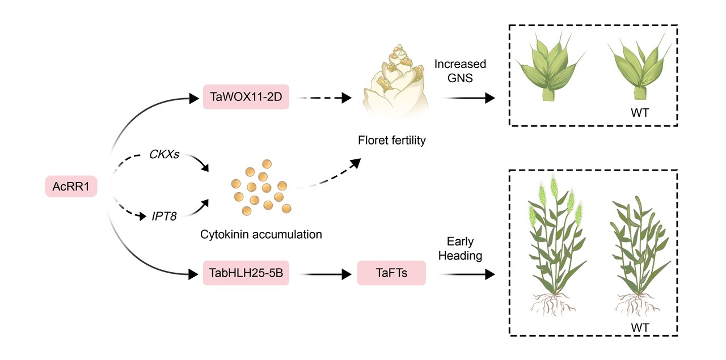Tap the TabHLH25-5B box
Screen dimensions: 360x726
coord(246,275)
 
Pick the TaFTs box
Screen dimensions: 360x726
coord(391,275)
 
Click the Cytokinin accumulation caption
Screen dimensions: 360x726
coord(261,234)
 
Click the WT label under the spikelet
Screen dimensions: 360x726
coord(639,112)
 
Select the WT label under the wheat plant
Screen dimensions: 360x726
coord(640,327)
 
